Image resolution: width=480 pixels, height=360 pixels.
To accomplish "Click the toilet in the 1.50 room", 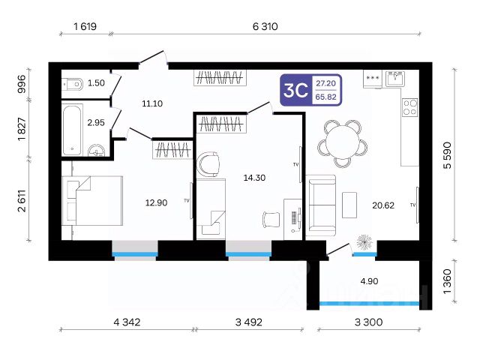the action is click(72, 84).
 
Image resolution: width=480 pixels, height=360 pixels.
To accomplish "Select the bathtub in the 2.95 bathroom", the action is click(72, 130).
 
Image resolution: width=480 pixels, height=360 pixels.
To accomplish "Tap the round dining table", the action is click(342, 143).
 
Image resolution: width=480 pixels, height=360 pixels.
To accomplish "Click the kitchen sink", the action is click(395, 79).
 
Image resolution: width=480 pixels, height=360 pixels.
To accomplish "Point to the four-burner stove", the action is click(409, 106).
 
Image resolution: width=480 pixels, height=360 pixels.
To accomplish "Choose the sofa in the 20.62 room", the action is click(321, 205).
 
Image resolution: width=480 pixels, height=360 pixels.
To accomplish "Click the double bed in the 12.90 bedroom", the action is click(92, 200).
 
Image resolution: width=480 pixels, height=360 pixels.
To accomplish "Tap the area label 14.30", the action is click(254, 178).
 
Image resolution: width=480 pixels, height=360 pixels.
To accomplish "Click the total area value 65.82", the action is click(326, 97).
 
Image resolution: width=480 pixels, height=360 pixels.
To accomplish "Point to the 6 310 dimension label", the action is click(265, 27).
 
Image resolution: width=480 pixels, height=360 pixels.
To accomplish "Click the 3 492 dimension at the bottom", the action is click(248, 322).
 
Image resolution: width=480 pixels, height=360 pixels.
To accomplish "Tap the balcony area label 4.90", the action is click(369, 281).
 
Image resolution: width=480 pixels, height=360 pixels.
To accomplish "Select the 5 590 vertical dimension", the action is click(447, 155).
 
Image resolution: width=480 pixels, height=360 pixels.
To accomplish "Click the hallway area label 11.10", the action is click(152, 103).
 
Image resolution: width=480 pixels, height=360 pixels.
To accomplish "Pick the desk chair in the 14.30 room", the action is click(271, 220).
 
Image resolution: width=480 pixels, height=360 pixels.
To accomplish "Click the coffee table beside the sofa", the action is click(349, 205).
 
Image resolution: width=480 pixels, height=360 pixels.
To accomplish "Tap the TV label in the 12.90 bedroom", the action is click(187, 200).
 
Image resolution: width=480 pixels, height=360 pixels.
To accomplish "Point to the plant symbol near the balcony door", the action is click(364, 242).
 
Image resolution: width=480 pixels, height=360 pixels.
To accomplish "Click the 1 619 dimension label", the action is click(85, 27).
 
